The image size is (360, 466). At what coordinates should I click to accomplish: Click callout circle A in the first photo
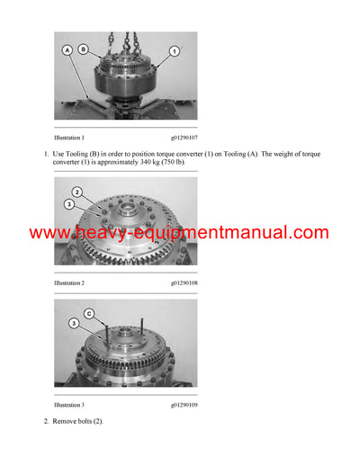coord(67,51)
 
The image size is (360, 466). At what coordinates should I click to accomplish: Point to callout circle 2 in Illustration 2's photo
coord(77,193)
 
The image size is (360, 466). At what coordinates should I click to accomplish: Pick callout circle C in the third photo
coord(88,313)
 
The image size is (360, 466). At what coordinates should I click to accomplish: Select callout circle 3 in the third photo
coord(72,323)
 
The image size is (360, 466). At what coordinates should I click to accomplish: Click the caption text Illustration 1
coord(70,138)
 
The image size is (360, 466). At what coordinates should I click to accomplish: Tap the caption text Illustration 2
coord(70,282)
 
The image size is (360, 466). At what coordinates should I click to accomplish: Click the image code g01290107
coord(184,138)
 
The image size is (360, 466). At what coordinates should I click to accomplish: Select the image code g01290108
coord(184,282)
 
